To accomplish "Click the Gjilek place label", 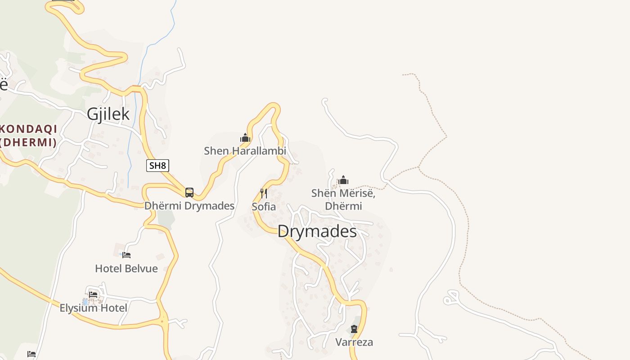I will pos(108,114).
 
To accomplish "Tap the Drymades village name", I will pos(317,231).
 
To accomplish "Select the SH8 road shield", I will pos(157,165).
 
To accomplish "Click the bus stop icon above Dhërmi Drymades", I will pos(189,193).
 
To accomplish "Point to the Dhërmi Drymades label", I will pos(189,206).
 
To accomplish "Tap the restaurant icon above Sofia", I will pos(264,193).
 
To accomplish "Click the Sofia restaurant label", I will pos(264,207).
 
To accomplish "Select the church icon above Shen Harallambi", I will pos(245,138).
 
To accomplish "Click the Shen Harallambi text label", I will pos(245,151).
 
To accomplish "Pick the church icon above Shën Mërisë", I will pos(343,180).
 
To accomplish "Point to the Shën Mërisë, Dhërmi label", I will pos(343,199).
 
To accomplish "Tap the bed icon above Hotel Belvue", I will pos(126,255).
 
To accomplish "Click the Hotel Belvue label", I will pos(126,269).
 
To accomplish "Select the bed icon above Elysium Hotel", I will pos(93,295).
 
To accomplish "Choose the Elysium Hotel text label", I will pos(94,308).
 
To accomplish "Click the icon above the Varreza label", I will pos(354,329).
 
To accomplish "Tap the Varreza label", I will pos(354,342).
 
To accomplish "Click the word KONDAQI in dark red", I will pos(29,129).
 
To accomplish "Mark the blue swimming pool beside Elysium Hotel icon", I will pos(85,301).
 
